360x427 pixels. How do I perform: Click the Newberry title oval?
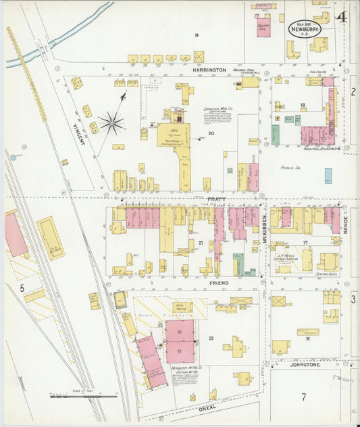[305, 28]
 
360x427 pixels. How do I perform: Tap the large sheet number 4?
[342, 17]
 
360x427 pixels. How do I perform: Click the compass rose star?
[112, 123]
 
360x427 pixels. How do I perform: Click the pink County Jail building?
[262, 28]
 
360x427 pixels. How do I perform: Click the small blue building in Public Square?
[328, 176]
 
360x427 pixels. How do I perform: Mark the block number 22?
[211, 338]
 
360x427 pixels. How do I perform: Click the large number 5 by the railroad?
[22, 288]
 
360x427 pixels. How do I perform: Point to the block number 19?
[197, 34]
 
